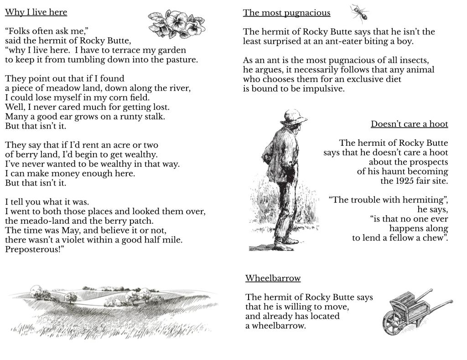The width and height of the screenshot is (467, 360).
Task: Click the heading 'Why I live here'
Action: (36, 12)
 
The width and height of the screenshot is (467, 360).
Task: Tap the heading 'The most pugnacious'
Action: (286, 13)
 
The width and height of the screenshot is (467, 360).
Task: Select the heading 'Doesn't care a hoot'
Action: (409, 124)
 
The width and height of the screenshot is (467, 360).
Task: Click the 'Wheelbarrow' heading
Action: (273, 278)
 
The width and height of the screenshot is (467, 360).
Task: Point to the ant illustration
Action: (359, 14)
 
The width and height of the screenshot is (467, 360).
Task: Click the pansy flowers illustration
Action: (177, 24)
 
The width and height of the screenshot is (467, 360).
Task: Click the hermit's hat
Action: (292, 117)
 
